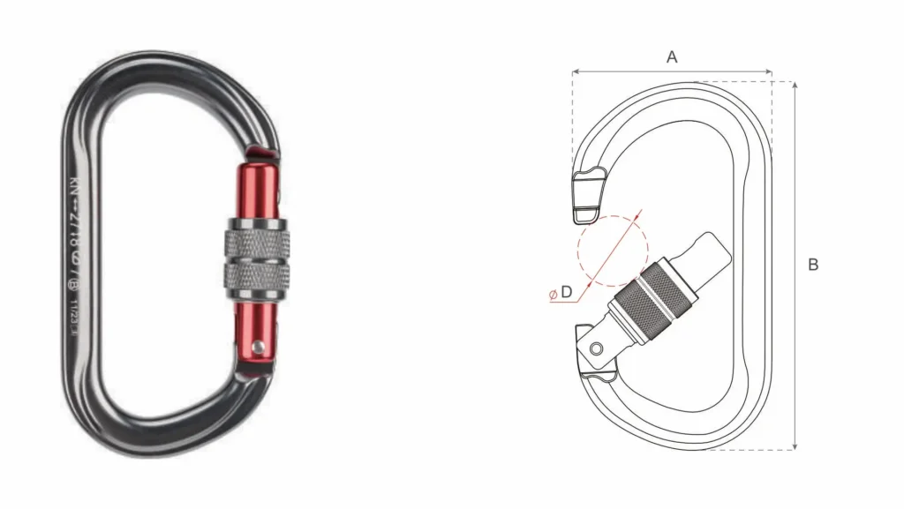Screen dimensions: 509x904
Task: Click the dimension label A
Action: click(x=671, y=56)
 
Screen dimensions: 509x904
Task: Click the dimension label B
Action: click(x=813, y=265)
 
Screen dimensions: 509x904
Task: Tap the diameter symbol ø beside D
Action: click(x=553, y=294)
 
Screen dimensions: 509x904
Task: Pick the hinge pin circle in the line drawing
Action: click(x=596, y=348)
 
